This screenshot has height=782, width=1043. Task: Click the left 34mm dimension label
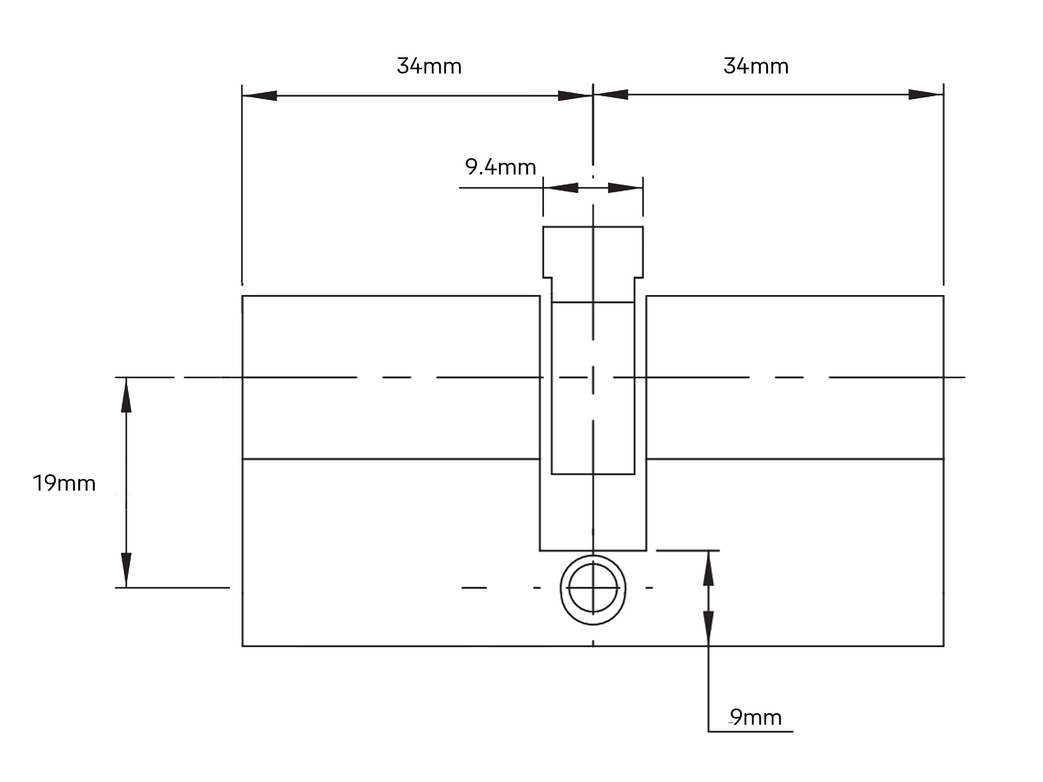(x=429, y=67)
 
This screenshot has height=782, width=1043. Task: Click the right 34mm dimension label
(x=756, y=67)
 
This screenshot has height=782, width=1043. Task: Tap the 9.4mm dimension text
(x=501, y=167)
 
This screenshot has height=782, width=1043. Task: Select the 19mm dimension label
(x=64, y=484)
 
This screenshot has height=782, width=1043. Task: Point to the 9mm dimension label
(x=756, y=718)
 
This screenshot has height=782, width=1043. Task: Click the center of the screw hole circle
(x=593, y=588)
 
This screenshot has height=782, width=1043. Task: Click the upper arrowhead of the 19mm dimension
(x=126, y=395)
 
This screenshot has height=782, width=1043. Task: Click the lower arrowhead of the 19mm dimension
(x=126, y=570)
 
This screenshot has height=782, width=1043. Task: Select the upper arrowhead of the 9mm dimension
(x=708, y=568)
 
